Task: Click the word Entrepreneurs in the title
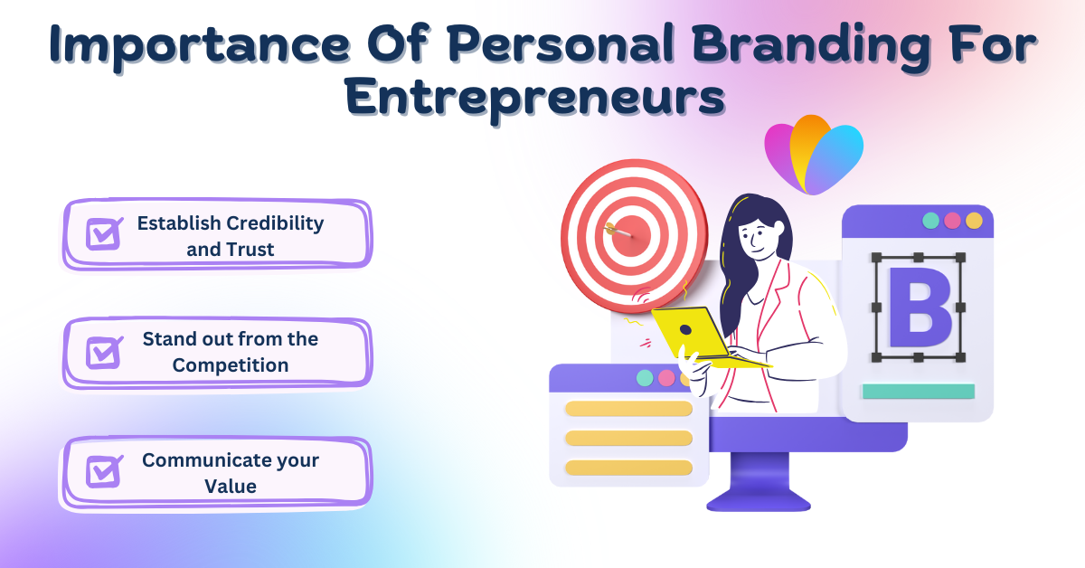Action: pyautogui.click(x=535, y=98)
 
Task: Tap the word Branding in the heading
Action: pyautogui.click(x=810, y=45)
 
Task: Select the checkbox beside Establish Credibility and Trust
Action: pyautogui.click(x=104, y=233)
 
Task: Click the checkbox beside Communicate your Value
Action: pyautogui.click(x=104, y=471)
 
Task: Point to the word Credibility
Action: pyautogui.click(x=275, y=224)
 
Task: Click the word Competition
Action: pyautogui.click(x=231, y=365)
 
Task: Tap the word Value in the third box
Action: pyautogui.click(x=231, y=486)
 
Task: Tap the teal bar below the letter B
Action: pyautogui.click(x=919, y=391)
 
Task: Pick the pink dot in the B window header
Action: pyautogui.click(x=952, y=221)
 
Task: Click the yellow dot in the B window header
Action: pyautogui.click(x=974, y=221)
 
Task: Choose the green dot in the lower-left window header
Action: pyautogui.click(x=645, y=378)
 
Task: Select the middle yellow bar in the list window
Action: pyautogui.click(x=628, y=438)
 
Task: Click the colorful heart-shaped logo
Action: pyautogui.click(x=814, y=155)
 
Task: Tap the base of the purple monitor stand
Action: pyautogui.click(x=759, y=500)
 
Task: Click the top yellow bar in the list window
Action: pyautogui.click(x=628, y=409)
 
